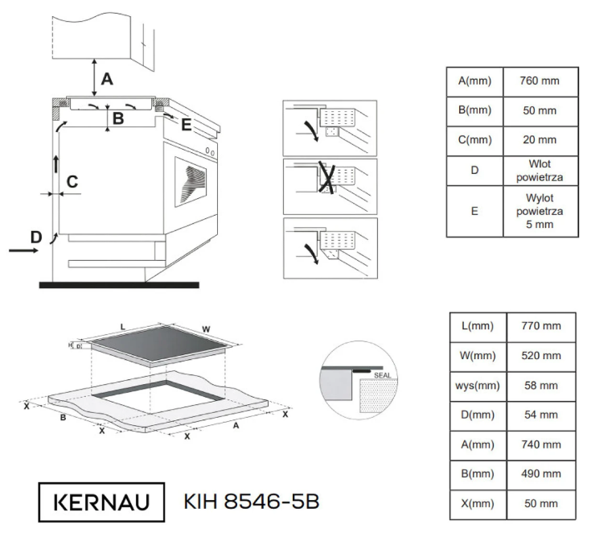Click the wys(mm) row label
click(x=478, y=385)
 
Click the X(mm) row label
click(x=478, y=503)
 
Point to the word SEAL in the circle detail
click(x=382, y=375)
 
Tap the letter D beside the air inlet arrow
click(x=35, y=237)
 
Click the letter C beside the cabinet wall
click(x=72, y=182)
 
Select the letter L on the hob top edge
click(x=122, y=326)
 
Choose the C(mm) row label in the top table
click(x=474, y=140)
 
